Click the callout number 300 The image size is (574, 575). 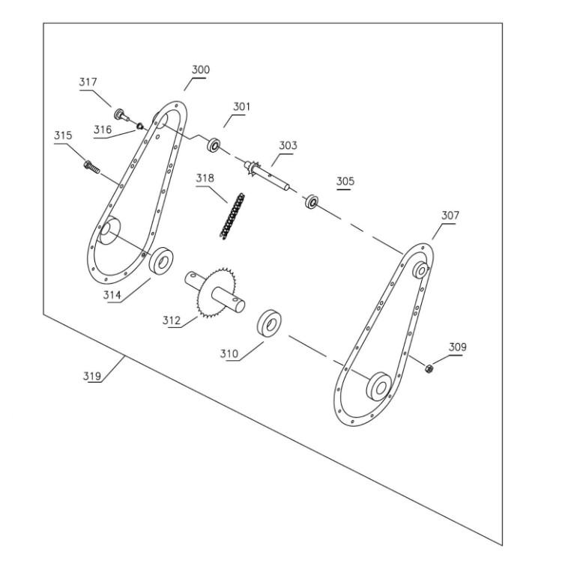point(201,70)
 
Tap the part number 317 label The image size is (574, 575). point(88,82)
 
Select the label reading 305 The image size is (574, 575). point(345,181)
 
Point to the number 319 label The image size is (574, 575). point(91,376)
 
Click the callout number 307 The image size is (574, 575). point(450,216)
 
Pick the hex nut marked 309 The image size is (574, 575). point(428,368)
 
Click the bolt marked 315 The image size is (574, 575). point(91,168)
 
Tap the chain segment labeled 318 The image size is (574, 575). point(232,216)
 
